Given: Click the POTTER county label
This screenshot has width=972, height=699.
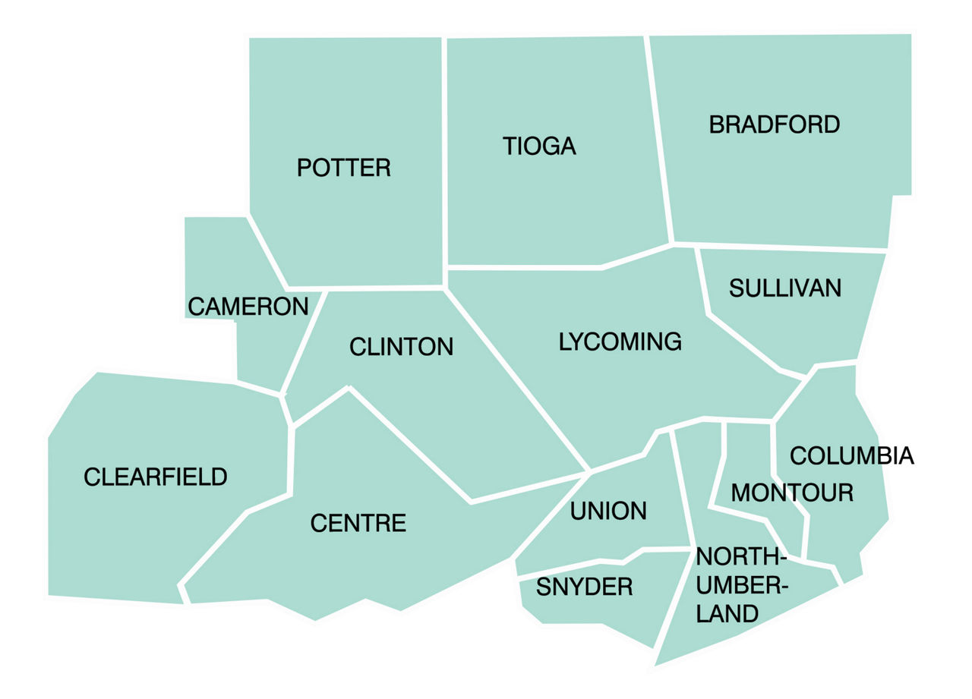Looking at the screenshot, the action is tap(343, 168).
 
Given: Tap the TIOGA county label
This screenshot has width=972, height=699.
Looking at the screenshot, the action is tap(539, 146).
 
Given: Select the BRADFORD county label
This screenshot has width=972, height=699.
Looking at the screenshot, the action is tap(774, 124).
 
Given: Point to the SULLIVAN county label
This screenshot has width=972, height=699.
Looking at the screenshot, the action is tap(785, 288).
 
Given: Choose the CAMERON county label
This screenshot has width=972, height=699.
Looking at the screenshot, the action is tap(248, 307).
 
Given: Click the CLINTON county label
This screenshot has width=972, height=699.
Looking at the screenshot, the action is tap(401, 347).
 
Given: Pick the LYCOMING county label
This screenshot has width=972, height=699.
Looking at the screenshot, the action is tap(620, 342).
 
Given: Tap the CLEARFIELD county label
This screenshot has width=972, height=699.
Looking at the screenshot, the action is tap(155, 477).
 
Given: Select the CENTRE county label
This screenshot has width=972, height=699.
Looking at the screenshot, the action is tap(358, 523).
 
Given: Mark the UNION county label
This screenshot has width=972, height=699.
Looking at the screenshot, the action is tap(608, 511).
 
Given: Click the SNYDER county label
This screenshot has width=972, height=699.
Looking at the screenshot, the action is tap(584, 587).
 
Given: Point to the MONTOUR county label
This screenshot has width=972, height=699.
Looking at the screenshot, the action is tap(791, 493).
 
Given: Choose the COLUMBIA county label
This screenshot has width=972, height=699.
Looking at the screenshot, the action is tap(851, 455).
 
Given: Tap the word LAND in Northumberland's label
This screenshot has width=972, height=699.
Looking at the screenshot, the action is tap(727, 613).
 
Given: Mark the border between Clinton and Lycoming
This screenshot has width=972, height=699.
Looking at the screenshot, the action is tap(516, 379).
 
